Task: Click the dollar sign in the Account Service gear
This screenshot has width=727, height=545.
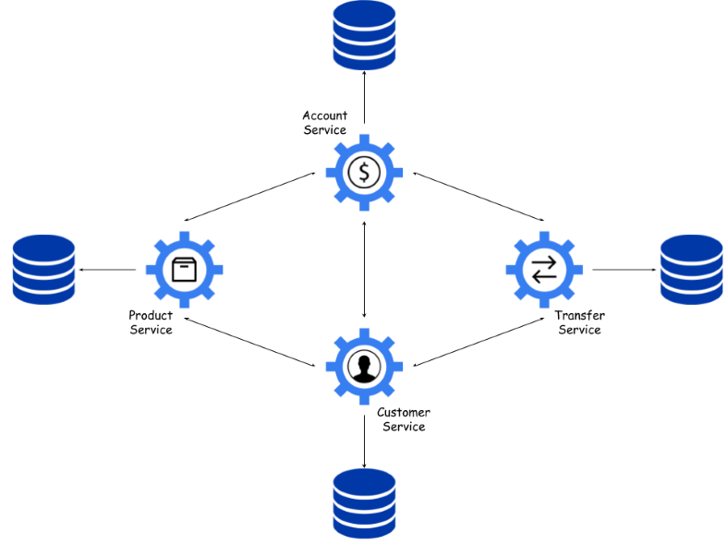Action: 365,173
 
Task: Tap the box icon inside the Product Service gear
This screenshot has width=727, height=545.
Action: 184,270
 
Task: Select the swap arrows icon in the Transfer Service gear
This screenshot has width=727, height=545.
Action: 544,269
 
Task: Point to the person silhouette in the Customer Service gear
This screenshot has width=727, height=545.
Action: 365,368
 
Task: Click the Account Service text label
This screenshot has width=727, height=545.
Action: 325,123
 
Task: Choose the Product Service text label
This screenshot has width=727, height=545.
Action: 151,322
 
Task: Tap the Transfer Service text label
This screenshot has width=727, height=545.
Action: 579,322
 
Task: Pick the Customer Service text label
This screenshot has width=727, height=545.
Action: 404,419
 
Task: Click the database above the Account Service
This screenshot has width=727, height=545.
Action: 365,35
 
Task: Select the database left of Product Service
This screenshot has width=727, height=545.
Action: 43,270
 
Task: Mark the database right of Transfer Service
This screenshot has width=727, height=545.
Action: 691,270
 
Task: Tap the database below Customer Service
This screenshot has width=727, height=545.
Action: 365,503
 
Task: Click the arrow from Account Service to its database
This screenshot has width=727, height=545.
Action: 365,97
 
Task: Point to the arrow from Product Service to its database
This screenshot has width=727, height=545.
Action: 107,270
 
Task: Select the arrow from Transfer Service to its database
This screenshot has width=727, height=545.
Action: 624,270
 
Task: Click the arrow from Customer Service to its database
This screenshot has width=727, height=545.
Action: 365,442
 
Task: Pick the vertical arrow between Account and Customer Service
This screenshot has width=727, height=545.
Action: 365,269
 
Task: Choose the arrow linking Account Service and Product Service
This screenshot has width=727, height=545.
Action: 249,197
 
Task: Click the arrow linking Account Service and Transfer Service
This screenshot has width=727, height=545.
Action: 479,197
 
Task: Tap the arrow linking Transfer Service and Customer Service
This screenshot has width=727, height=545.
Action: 479,342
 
